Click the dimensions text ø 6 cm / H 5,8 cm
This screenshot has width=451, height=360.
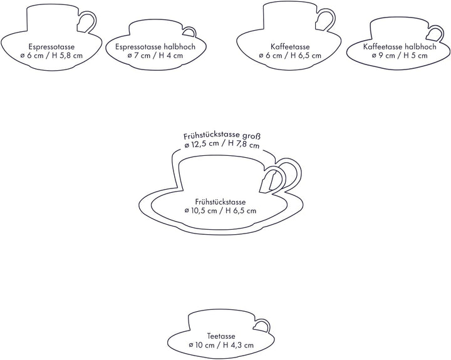click(x=51, y=56)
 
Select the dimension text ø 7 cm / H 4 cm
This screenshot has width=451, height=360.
click(x=155, y=56)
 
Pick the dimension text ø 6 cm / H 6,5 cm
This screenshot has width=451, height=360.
click(x=290, y=56)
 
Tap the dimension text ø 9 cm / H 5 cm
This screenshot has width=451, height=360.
click(x=400, y=56)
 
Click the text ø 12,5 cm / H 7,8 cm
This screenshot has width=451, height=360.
click(x=222, y=144)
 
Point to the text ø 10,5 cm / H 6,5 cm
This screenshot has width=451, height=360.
click(x=220, y=211)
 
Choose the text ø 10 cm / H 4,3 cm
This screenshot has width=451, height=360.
click(x=221, y=345)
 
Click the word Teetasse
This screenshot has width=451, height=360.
click(x=221, y=336)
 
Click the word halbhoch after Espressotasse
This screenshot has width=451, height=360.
click(x=179, y=46)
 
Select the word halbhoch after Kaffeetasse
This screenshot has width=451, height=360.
click(x=420, y=46)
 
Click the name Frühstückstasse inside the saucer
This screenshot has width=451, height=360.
click(x=220, y=202)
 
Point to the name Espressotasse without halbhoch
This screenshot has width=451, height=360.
click(x=51, y=46)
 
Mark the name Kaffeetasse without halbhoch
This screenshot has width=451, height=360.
click(x=290, y=46)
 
